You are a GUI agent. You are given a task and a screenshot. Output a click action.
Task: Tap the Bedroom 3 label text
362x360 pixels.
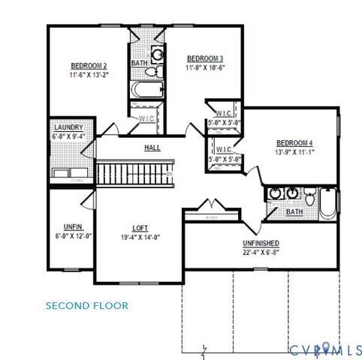click(x=205, y=58)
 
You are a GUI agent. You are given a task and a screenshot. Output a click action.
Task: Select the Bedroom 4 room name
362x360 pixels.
click(x=294, y=143)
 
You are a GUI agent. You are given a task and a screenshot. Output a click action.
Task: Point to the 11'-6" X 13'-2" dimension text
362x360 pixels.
click(x=89, y=74)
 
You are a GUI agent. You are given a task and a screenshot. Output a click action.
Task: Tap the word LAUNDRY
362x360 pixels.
click(x=68, y=127)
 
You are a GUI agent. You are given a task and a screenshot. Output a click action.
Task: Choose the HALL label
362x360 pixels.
click(x=152, y=148)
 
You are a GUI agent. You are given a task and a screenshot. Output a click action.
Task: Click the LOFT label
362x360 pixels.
click(x=140, y=228)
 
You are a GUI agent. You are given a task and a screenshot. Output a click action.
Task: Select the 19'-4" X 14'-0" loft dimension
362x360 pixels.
click(x=140, y=237)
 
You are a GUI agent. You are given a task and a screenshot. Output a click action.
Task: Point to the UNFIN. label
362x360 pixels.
click(x=72, y=226)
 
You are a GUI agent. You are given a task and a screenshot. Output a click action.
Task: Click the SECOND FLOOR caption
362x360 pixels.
click(x=86, y=305)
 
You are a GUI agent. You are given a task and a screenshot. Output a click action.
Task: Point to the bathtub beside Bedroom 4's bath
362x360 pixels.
click(x=327, y=202)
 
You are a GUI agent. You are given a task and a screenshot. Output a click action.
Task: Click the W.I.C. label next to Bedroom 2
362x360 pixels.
click(x=146, y=118)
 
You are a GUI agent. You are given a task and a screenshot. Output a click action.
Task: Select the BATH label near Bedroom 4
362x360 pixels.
click(x=294, y=212)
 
